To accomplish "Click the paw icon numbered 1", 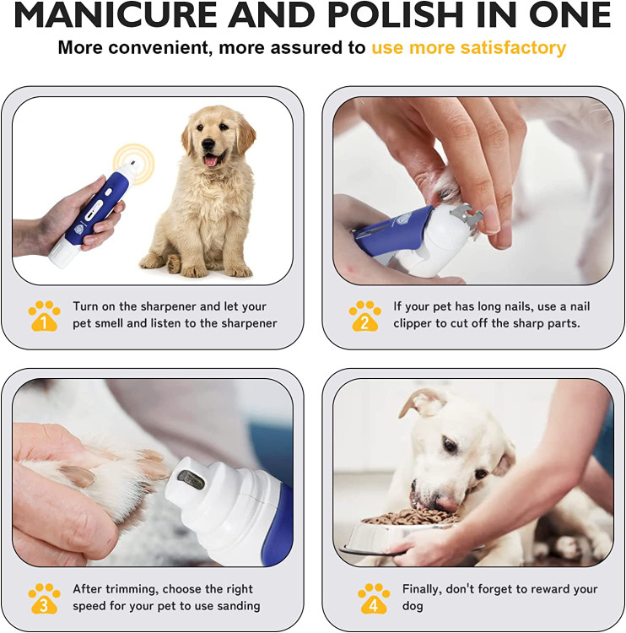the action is point(45,316).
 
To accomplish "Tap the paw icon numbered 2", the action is point(364,316).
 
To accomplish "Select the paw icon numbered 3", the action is point(45,598).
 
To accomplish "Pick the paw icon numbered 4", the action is point(374,598).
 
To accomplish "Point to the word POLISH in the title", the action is point(395,15).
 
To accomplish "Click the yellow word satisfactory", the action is point(513,47).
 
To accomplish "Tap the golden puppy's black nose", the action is point(208,143).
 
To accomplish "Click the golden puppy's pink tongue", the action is point(211,160).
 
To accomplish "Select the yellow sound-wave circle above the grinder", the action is point(134,164).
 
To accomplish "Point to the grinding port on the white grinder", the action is point(191,479).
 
